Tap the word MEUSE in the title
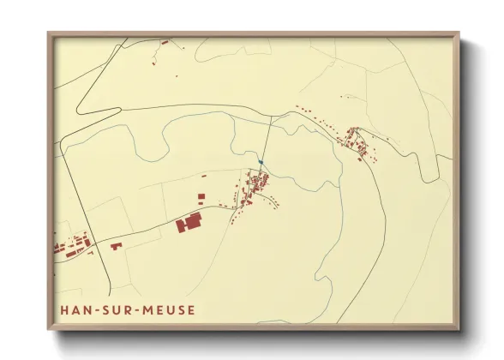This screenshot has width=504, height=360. pyautogui.click(x=168, y=310)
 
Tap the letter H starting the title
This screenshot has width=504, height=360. pyautogui.click(x=67, y=310)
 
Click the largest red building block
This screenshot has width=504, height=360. pyautogui.click(x=188, y=223)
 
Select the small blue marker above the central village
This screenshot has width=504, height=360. pyautogui.click(x=260, y=161)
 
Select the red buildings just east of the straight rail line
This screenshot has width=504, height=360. pyautogui.click(x=115, y=246)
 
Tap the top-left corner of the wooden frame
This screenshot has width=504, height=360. pyautogui.click(x=49, y=34)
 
